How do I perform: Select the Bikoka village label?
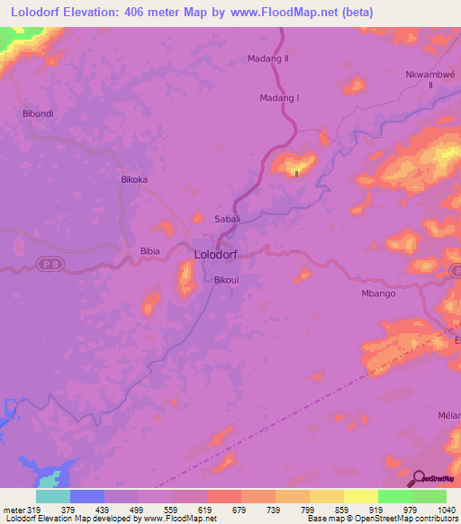(x=134, y=179)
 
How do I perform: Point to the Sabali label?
(x=227, y=219)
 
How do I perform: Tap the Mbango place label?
(x=378, y=294)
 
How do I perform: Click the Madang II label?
(x=267, y=59)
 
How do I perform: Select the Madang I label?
(x=278, y=98)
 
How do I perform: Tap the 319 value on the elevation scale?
(x=34, y=510)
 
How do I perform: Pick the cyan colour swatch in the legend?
(x=53, y=496)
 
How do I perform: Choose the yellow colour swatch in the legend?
(x=360, y=496)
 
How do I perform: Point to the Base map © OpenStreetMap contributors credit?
(x=381, y=519)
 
